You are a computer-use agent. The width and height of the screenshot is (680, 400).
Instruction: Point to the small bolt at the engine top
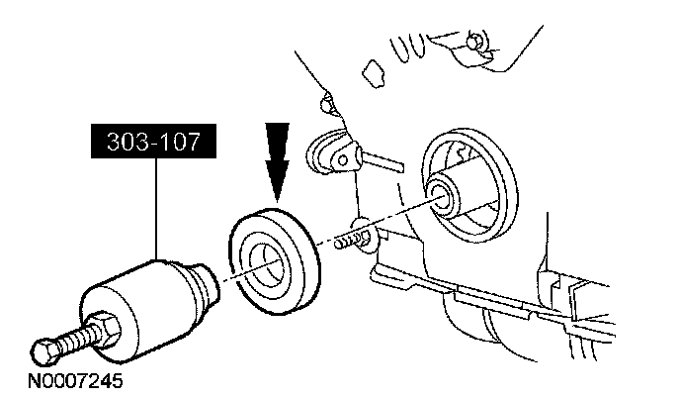475,41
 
